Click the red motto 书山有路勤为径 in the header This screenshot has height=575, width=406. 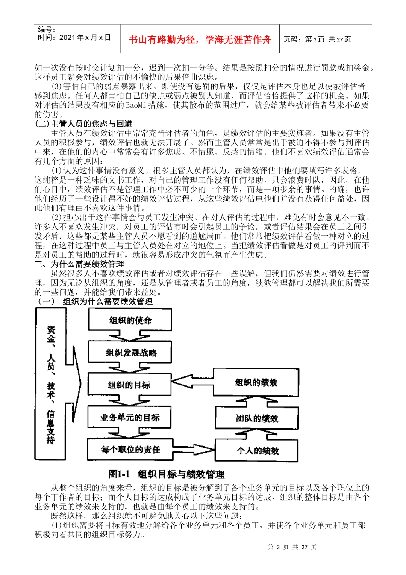coord(200,40)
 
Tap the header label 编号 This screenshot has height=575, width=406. coord(47,29)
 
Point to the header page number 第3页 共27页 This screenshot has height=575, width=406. coord(318,39)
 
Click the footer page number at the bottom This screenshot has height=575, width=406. coord(292,547)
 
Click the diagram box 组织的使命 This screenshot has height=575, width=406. coord(130,320)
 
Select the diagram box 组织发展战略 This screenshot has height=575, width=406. coord(130,353)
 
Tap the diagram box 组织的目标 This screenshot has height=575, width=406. coord(129,385)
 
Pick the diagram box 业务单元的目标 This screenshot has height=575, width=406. coord(129,417)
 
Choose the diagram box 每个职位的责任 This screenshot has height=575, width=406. coord(129,450)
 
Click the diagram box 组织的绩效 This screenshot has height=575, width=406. coord(256,382)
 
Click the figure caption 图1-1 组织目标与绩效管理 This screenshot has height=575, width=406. coord(166,474)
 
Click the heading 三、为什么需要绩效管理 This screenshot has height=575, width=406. coord(79,264)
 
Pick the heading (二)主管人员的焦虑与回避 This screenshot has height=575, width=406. coord(83,124)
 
